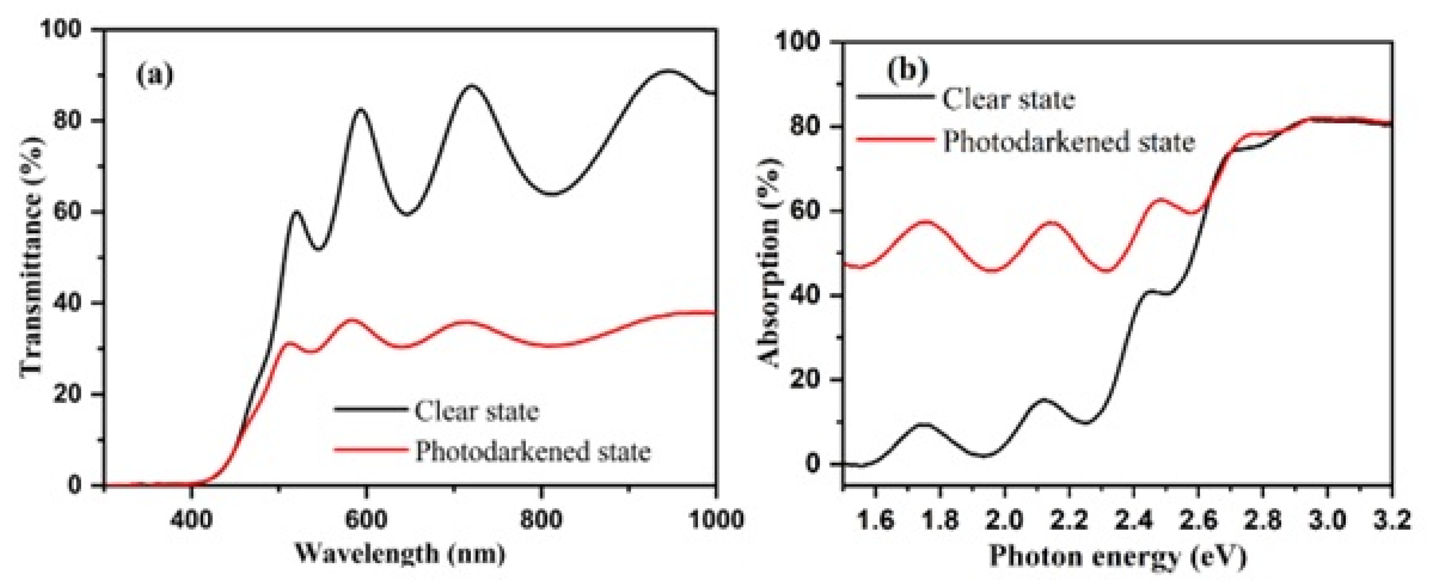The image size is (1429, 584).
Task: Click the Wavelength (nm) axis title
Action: coord(399,553)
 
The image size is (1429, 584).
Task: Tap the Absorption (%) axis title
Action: coord(770,263)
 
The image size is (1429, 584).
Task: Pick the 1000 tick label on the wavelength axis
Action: coord(716,520)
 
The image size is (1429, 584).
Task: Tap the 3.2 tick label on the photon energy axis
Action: coord(1391,521)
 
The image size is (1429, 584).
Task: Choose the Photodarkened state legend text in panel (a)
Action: coord(532,451)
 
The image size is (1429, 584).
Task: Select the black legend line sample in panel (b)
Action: coord(894,97)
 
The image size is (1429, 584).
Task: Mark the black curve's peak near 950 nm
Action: coord(669,71)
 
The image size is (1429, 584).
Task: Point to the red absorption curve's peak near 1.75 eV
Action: coord(925,221)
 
